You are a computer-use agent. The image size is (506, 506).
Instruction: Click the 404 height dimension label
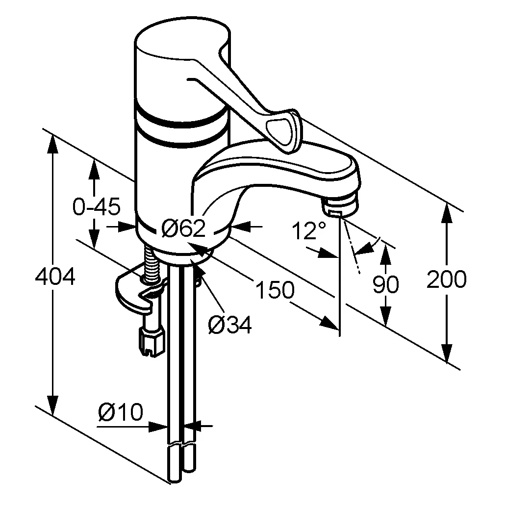point(55,278)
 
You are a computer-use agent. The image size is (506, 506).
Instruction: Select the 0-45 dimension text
point(96,207)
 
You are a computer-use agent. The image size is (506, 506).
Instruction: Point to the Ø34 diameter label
point(229,324)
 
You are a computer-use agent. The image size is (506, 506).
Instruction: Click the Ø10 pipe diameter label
point(121,412)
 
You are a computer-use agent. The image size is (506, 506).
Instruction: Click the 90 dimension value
point(385,284)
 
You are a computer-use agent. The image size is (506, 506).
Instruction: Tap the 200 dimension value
point(446,280)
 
